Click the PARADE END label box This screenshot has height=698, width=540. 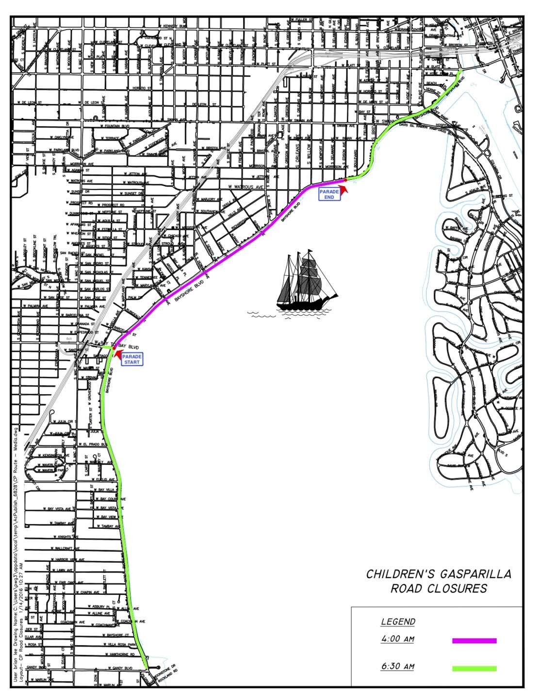pos(329,194)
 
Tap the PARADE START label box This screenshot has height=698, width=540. pos(131,359)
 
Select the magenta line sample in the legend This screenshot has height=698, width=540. pos(474,640)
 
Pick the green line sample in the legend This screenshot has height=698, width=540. pos(474,668)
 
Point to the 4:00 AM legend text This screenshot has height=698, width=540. pos(397,639)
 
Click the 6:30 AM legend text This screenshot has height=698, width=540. pos(397,666)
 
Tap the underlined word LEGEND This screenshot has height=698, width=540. pos(398,622)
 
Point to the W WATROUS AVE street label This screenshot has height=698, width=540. pos(246,187)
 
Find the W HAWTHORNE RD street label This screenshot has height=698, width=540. pos(118,654)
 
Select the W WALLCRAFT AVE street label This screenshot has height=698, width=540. pos(65,549)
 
